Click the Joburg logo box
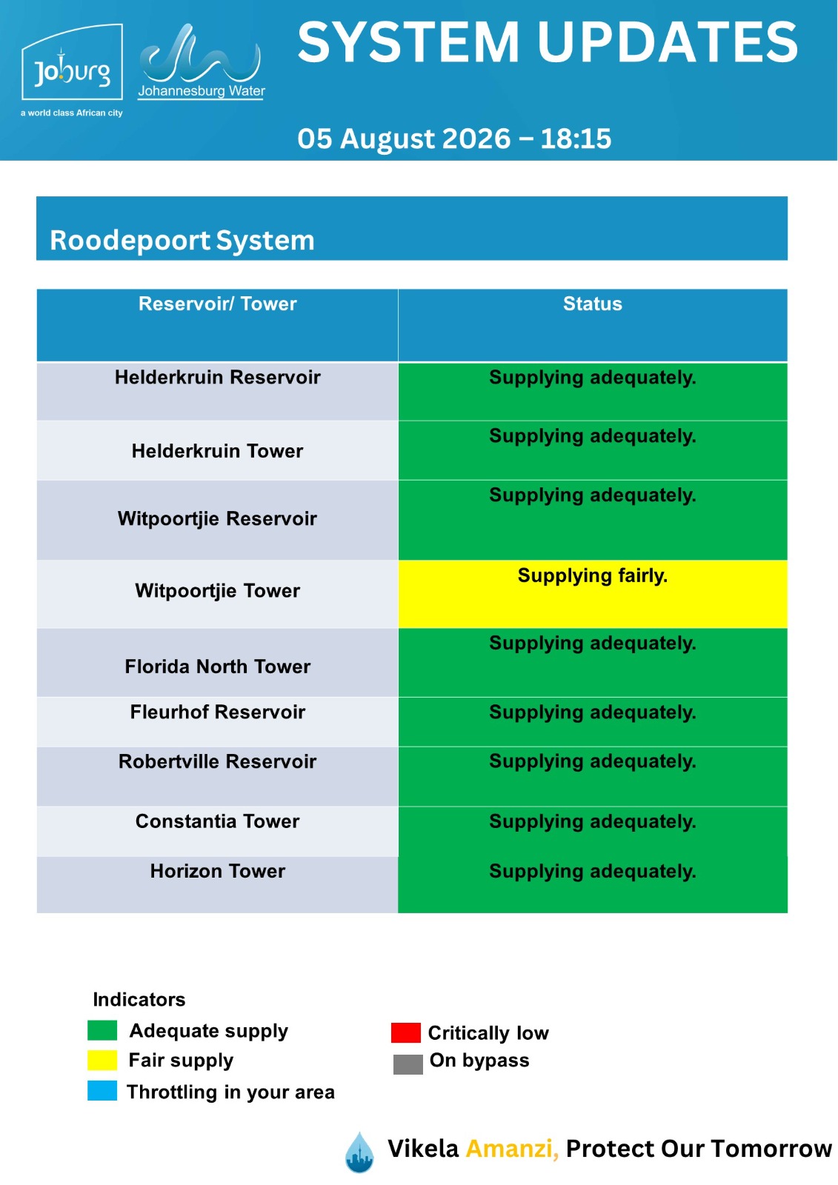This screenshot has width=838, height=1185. (x=72, y=62)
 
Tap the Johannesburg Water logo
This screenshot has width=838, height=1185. (x=201, y=61)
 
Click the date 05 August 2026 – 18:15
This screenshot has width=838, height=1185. (x=454, y=138)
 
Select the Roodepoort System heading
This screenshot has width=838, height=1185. (x=182, y=240)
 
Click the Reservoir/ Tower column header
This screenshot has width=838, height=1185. (x=218, y=304)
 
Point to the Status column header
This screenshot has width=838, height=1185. (x=592, y=304)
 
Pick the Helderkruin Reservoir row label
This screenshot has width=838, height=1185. (x=218, y=377)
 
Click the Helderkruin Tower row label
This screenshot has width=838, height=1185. (x=218, y=451)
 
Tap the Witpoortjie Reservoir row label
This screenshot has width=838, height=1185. (x=218, y=518)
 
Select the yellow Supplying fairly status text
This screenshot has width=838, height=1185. (x=592, y=575)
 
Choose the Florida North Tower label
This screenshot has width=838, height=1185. (x=218, y=667)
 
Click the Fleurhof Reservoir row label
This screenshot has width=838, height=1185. (x=218, y=712)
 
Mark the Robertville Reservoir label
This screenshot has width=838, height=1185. (x=218, y=761)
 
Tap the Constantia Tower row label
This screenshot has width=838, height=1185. (x=218, y=821)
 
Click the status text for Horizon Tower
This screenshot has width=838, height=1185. (x=592, y=871)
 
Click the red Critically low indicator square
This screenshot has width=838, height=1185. (x=405, y=1032)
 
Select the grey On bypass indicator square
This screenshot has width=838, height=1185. (x=408, y=1064)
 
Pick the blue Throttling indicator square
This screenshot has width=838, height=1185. (x=102, y=1091)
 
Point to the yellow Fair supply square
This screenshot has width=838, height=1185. (x=102, y=1060)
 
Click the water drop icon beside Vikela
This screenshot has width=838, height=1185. (x=359, y=1152)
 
